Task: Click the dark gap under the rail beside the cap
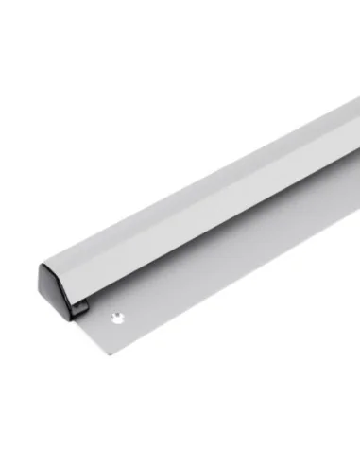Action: [80, 304]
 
